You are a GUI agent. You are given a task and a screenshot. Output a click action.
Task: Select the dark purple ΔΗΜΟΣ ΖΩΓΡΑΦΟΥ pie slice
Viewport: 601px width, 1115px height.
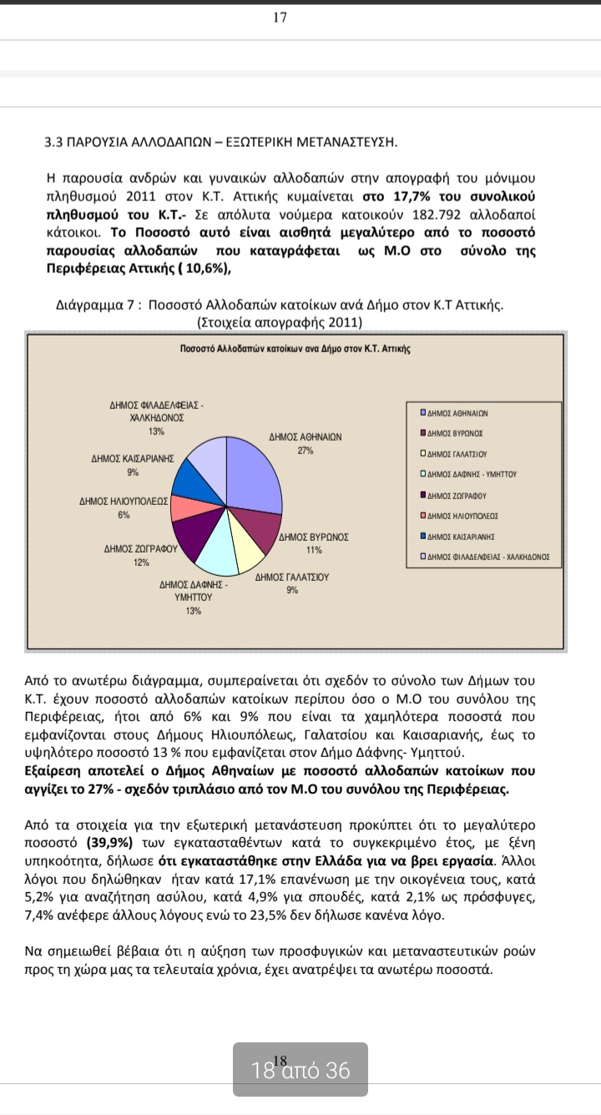[x=189, y=538]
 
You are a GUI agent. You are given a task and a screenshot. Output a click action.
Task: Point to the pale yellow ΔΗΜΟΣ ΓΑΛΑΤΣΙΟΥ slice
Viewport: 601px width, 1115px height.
[x=248, y=555]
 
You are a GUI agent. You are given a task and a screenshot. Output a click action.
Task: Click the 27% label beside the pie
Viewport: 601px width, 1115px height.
[x=305, y=451]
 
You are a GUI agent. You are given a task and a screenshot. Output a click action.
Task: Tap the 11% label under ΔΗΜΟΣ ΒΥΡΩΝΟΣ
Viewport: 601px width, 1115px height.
[x=314, y=550]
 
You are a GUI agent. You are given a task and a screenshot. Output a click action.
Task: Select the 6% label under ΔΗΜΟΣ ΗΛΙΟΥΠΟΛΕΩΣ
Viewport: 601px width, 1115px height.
[x=124, y=515]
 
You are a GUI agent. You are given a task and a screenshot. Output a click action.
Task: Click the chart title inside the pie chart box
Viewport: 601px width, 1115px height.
[x=295, y=348]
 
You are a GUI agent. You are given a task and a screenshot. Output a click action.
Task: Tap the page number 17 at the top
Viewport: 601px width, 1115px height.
[x=280, y=18]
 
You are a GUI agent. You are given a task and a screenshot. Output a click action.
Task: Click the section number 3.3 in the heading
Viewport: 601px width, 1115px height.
[x=53, y=142]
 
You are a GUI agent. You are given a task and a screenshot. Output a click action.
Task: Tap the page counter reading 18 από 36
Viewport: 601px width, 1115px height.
[x=300, y=1070]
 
